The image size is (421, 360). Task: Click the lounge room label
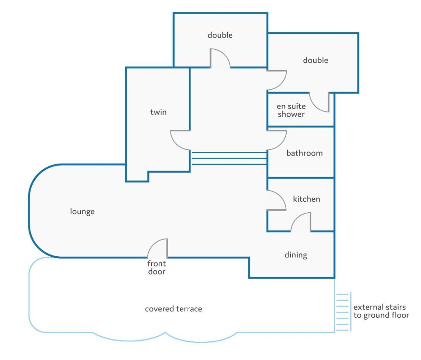coord(82,212)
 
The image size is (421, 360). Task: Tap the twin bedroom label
coord(158,112)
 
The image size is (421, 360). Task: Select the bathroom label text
coord(304,153)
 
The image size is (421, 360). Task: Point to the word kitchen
coord(306,199)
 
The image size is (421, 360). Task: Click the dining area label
coord(296,255)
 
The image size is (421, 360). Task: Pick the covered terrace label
coord(173,309)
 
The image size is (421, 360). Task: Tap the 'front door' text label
coord(157,268)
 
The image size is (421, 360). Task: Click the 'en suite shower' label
coord(291,110)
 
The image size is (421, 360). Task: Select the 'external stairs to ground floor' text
coord(381,311)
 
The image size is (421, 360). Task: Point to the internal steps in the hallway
coord(229,158)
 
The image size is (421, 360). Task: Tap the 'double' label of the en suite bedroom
coord(315,60)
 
